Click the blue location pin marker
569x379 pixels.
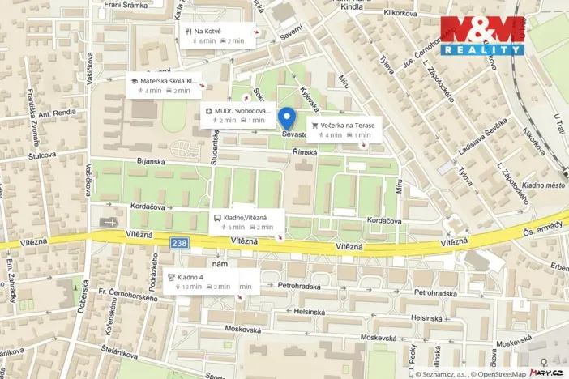coord(284,117)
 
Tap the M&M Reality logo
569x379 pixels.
coord(481,35)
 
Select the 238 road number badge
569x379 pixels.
coord(182,242)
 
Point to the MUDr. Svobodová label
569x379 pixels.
coord(242,115)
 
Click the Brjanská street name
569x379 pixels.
coord(151,162)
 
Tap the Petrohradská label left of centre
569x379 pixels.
coord(300,286)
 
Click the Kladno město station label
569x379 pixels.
coord(544,185)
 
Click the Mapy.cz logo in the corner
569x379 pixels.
coord(548,373)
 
